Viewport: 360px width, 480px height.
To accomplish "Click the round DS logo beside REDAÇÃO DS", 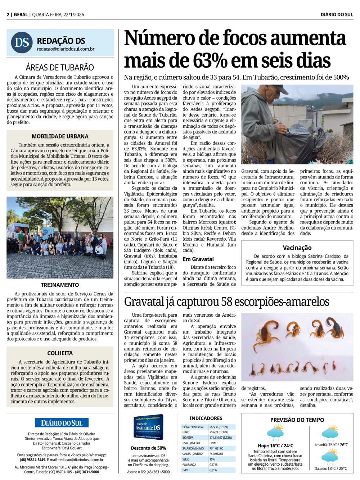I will pos(22,42).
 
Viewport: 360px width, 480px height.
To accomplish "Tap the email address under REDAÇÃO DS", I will pos(66,49).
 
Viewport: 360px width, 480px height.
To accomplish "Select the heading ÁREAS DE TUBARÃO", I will pos(60,67).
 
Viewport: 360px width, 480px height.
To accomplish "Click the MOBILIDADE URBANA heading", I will pos(60,136).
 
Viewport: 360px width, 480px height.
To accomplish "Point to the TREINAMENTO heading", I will pos(60,285).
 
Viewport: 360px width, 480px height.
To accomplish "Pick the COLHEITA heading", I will pos(60,353).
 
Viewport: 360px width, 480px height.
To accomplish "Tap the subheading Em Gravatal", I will pos(198,259).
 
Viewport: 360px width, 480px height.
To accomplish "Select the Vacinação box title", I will pos(297,248).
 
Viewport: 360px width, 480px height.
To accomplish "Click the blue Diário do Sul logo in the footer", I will pos(62,423).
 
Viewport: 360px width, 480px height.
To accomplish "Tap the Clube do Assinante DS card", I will pos(148,427).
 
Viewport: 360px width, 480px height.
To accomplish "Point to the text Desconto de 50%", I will pos(148,448).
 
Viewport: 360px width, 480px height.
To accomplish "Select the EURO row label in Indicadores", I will pos(186,432).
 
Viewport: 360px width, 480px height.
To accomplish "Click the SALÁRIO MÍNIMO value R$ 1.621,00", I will pos(217,448).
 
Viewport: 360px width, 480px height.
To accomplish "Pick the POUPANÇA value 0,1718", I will pos(213,465).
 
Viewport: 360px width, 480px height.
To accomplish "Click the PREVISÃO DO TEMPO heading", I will pos(297,420).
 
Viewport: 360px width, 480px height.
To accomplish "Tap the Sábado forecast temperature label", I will pos(331,468).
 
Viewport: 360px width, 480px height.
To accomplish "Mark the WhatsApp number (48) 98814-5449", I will pos(32,459).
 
